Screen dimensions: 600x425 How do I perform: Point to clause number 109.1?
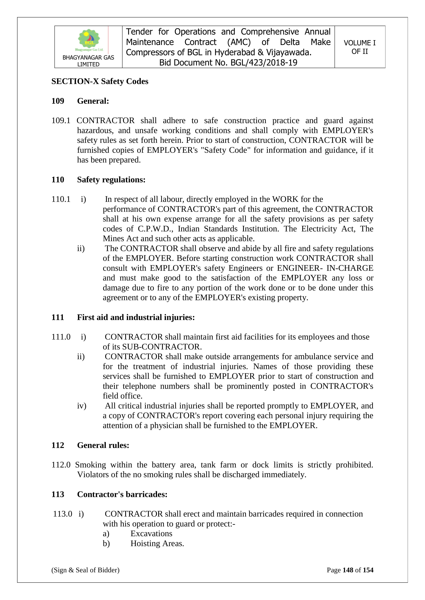pyautogui.click(x=61, y=121)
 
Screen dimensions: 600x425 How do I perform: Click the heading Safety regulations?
pyautogui.click(x=111, y=180)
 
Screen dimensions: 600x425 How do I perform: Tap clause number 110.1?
pyautogui.click(x=61, y=199)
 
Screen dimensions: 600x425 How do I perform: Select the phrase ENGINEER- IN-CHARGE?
pyautogui.click(x=325, y=268)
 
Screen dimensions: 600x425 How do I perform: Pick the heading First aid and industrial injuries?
pyautogui.click(x=136, y=317)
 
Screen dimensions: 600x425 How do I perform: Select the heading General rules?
pyautogui.click(x=103, y=445)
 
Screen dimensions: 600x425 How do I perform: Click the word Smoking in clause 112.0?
pyautogui.click(x=91, y=465)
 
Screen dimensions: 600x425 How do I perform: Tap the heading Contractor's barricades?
pyautogui.click(x=122, y=494)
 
